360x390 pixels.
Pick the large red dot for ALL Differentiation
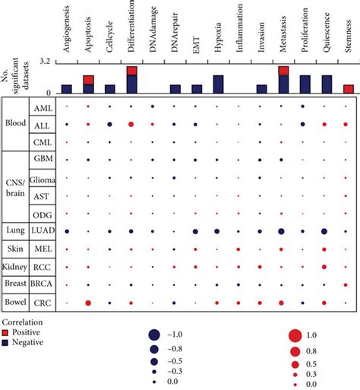[131, 123]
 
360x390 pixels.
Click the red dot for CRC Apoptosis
[88, 303]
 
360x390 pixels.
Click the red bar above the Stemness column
[348, 89]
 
